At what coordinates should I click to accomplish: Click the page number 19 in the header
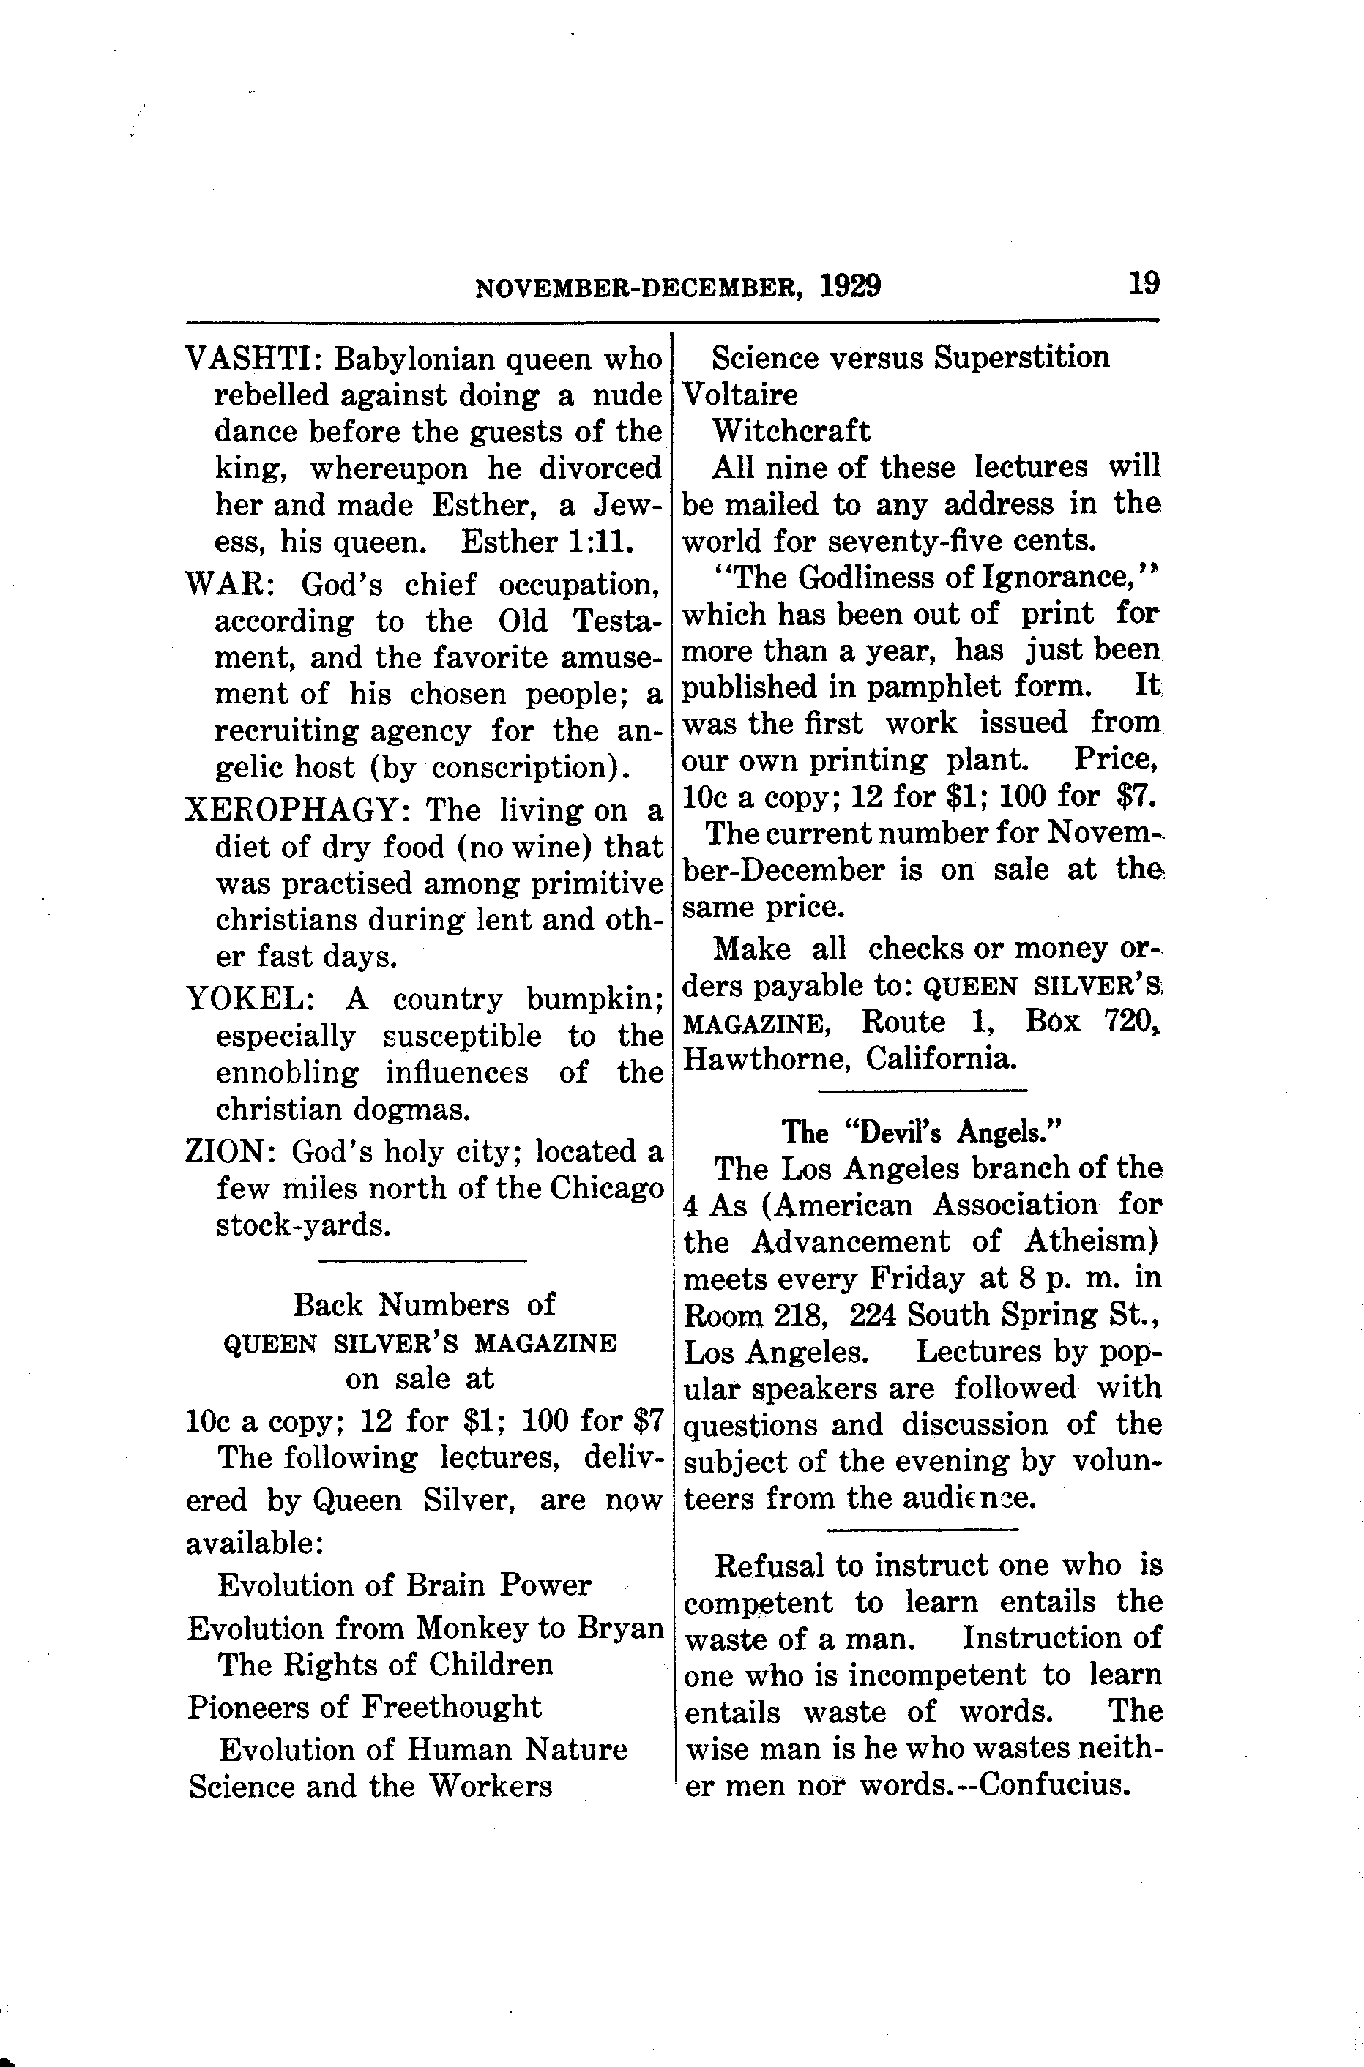1143,283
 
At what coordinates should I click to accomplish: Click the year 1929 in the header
849,286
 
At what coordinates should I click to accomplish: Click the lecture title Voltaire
740,395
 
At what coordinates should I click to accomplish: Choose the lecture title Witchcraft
791,431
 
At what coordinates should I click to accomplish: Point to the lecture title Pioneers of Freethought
365,1706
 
